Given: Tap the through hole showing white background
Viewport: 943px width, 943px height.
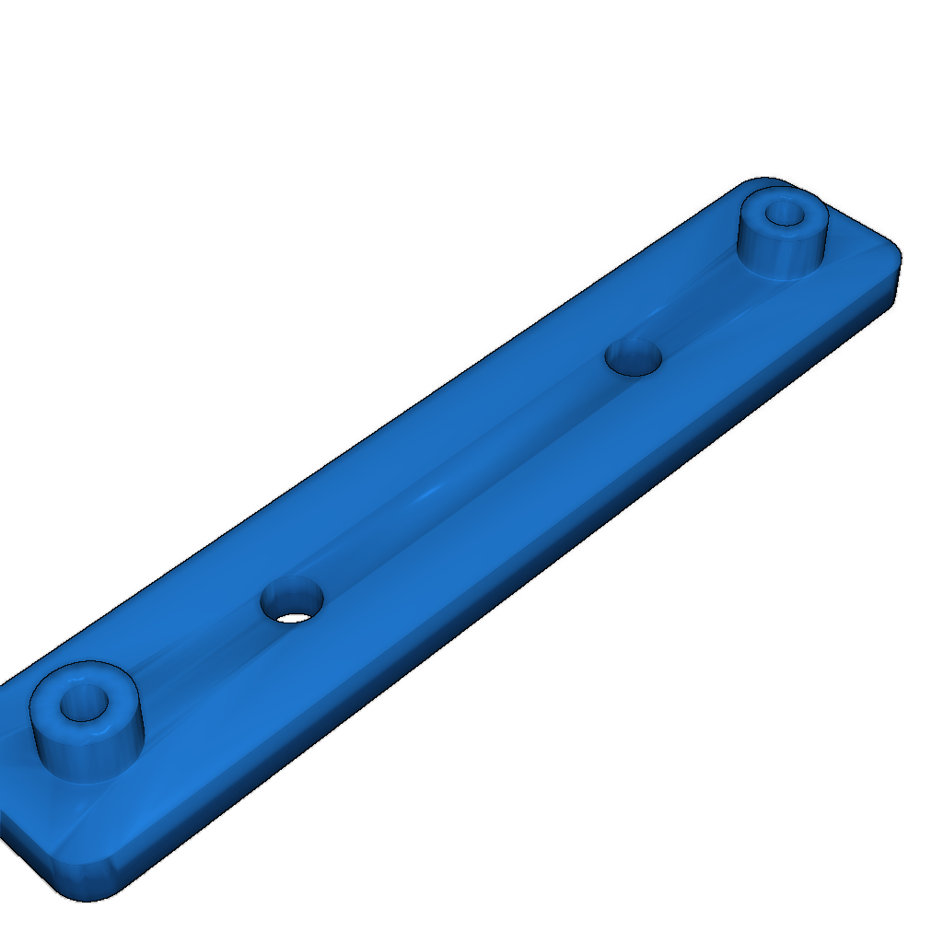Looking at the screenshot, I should pos(294,615).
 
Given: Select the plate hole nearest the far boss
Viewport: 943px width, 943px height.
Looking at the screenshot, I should pos(634,356).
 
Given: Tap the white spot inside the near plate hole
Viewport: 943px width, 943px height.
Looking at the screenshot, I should pos(294,616).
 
